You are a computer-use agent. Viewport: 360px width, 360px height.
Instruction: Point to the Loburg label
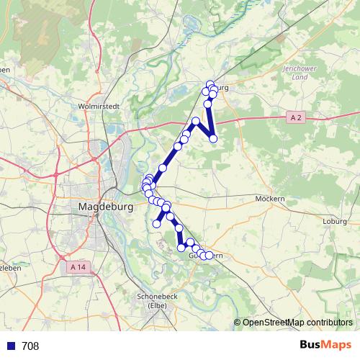point(336,221)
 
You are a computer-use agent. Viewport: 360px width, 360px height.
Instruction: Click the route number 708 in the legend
point(30,346)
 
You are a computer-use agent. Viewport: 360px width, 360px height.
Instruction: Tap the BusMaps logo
point(325,346)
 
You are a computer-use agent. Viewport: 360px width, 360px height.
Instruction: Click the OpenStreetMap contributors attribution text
point(297,322)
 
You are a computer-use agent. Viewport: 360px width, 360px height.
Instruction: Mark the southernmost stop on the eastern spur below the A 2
point(213,138)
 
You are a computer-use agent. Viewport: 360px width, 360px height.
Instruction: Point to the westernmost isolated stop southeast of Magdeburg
point(156,224)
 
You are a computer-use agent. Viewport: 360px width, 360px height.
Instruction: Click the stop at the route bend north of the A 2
point(196,121)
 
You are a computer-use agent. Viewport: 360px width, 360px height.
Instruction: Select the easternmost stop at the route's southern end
point(210,255)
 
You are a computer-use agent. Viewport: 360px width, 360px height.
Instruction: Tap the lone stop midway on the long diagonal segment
point(163,168)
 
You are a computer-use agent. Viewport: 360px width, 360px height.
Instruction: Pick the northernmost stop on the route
point(210,84)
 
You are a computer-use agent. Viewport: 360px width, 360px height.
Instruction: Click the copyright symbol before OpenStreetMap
point(238,322)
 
